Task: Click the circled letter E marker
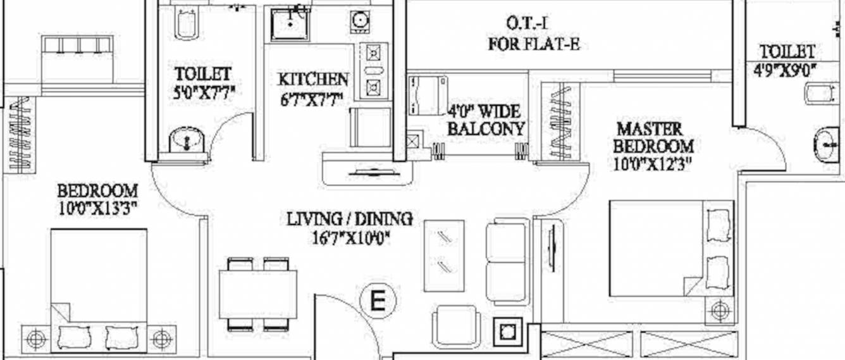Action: [x=378, y=299]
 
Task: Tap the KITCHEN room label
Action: [x=313, y=80]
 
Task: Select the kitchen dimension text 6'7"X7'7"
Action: [x=312, y=99]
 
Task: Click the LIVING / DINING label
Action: [x=350, y=220]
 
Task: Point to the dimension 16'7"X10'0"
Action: [x=349, y=238]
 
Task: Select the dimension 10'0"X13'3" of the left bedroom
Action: [x=98, y=208]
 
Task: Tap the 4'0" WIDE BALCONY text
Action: [x=485, y=120]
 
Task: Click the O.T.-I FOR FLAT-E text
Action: [x=534, y=34]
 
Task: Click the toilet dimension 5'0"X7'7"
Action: [x=204, y=93]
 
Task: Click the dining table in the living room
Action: [x=258, y=294]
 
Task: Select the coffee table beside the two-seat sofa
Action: [x=443, y=255]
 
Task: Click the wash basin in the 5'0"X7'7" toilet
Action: [x=187, y=140]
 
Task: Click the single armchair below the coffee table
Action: [x=457, y=326]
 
